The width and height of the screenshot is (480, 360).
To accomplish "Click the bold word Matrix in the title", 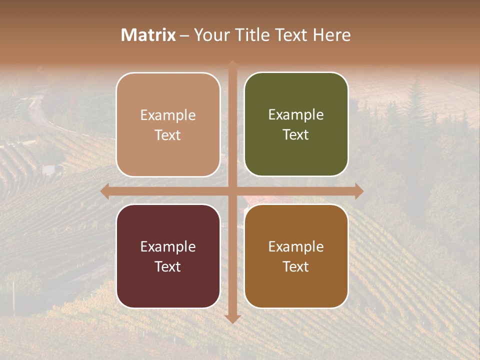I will coord(148,35).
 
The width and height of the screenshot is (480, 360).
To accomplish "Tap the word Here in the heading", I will coord(332,35).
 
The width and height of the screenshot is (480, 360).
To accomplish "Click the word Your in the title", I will coord(210,35).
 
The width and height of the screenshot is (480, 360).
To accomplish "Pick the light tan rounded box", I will coord(168,124).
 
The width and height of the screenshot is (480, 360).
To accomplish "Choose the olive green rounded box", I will coord(296,124).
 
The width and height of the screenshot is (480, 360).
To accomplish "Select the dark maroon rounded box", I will coord(168,256).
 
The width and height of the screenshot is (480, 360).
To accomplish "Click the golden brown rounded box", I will coord(296,256).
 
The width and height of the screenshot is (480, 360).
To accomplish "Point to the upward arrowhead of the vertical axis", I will coord(232,65).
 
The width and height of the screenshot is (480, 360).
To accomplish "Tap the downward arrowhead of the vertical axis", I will coord(232,318).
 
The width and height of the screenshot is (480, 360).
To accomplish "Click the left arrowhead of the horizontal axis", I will coord(105,191).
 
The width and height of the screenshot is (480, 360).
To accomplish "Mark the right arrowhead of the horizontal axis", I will coord(359,191).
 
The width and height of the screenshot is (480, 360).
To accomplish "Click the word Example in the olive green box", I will coord(296,114).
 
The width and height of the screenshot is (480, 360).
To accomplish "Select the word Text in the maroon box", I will coord(167,266).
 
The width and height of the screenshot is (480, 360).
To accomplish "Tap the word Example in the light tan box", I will coord(168,115).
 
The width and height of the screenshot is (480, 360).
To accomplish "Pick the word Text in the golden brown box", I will coord(296,266).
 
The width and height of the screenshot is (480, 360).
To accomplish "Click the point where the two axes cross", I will coord(232,191).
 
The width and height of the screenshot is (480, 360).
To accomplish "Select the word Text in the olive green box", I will coord(296,135).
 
